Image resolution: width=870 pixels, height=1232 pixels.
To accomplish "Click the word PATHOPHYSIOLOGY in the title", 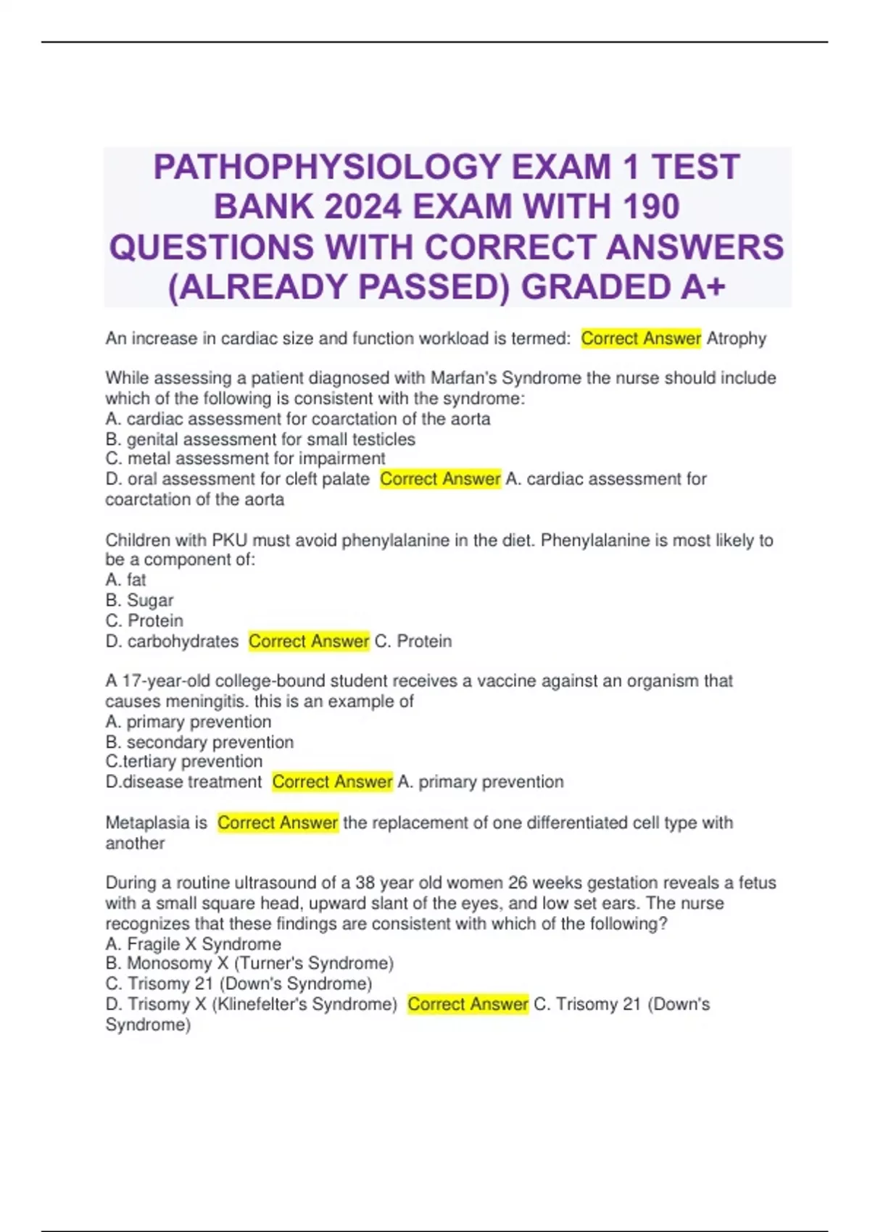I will coord(327,167).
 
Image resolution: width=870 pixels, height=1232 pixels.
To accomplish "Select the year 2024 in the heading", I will coord(362,207).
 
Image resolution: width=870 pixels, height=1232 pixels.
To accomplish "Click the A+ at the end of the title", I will coord(703,287).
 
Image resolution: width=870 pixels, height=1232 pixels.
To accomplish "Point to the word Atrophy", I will coord(736,338).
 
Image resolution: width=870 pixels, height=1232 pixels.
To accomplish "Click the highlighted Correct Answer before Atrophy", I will coord(641,338).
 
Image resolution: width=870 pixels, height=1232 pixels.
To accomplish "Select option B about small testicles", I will coord(260,439).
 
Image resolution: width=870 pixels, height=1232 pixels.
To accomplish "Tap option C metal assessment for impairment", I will coord(245,459).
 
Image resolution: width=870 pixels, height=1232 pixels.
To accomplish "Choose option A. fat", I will coord(125,580).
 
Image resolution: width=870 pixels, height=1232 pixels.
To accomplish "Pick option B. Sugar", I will coord(139,600).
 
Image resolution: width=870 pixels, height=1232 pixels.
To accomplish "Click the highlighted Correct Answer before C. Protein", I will coord(309,641).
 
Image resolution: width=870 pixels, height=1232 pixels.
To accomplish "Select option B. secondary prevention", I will coord(199,742).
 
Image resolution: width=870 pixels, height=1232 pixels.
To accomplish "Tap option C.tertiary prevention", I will coord(184,762).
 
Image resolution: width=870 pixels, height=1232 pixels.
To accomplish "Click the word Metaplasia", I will coord(147,823).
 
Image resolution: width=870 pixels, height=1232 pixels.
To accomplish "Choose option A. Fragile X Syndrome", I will coord(194,944).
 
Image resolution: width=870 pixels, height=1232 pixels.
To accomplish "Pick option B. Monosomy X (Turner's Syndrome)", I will coord(249,963).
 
